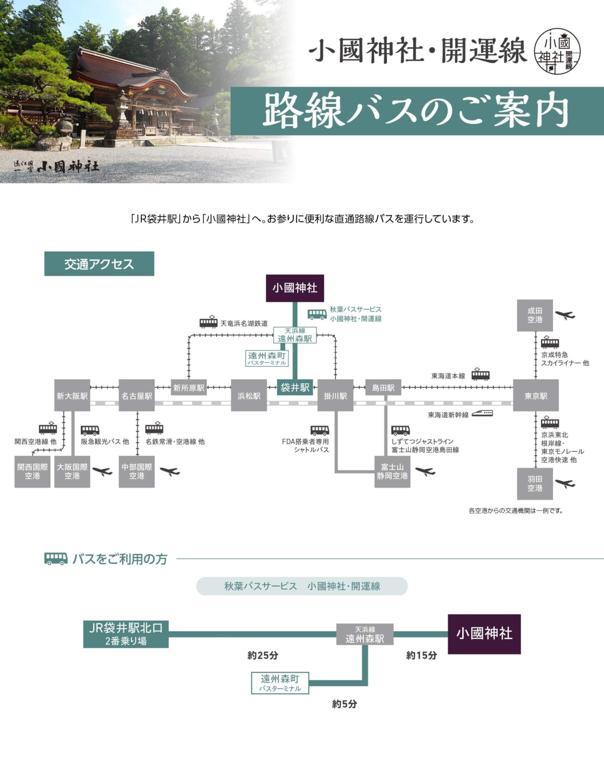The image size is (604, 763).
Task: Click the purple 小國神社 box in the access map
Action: tap(295, 288)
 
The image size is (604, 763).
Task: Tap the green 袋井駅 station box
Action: tap(295, 387)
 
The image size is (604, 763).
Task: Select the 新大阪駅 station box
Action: tap(72, 396)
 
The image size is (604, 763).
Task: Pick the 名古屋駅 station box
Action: tap(137, 396)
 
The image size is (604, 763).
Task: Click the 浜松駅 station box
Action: tap(249, 396)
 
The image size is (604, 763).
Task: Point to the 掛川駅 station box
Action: tap(335, 396)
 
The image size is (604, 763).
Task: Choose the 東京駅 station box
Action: tap(535, 396)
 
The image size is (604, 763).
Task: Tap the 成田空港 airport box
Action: tap(535, 315)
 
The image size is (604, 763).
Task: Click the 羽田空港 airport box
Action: tap(535, 484)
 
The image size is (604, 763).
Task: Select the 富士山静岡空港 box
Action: tap(392, 471)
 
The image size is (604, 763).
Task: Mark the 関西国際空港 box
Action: tap(32, 471)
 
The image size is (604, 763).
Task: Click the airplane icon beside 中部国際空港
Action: tap(170, 471)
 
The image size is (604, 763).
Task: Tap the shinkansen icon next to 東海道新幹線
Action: tap(482, 413)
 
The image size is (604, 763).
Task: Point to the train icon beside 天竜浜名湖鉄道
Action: tap(209, 322)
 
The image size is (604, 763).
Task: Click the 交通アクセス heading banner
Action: tap(99, 264)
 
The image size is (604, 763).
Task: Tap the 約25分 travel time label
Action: tap(263, 655)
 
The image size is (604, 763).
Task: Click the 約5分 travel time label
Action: tap(344, 704)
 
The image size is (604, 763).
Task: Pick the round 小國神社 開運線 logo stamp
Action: tap(557, 51)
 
